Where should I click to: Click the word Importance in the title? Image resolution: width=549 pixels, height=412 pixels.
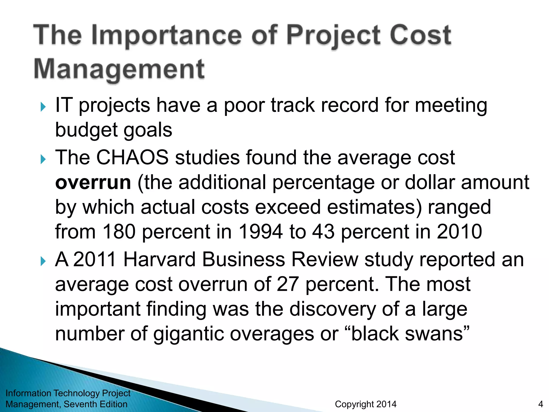(166, 35)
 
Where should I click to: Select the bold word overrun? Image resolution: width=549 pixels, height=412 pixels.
(93, 182)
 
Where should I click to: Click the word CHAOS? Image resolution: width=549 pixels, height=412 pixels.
(132, 157)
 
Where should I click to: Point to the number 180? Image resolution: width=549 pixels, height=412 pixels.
(119, 231)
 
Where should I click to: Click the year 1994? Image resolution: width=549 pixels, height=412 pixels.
(260, 231)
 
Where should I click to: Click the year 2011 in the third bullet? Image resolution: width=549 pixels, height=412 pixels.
(95, 259)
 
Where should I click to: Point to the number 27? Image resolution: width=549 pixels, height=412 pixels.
(288, 284)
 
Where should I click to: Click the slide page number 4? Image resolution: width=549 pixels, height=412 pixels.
(540, 404)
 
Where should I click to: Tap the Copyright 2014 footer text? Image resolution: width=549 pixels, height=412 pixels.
(366, 404)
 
